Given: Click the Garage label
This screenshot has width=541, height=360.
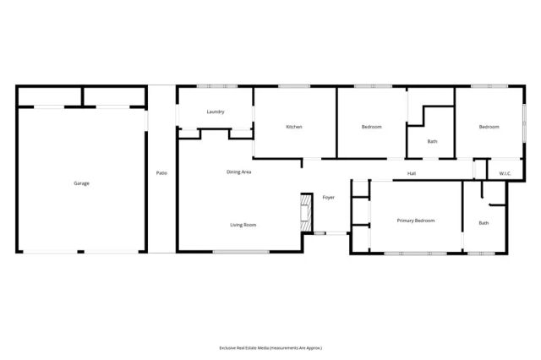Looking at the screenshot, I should click(81, 183).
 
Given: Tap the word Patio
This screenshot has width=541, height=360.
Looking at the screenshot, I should click(161, 173).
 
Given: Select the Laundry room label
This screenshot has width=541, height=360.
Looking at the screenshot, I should click(215, 112).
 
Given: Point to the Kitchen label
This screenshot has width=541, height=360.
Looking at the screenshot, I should click(294, 127).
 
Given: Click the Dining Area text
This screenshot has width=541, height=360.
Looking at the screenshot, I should click(238, 172).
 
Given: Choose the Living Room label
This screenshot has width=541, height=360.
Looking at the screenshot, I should click(243, 225).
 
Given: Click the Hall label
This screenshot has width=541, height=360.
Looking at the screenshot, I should click(412, 173).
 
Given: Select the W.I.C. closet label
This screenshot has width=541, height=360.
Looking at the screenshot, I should click(505, 173).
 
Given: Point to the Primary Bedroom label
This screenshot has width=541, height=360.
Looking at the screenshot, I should click(416, 221).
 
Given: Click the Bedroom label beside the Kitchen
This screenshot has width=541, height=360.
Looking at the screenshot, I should click(371, 127).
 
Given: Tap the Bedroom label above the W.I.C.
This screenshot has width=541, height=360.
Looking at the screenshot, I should click(489, 127).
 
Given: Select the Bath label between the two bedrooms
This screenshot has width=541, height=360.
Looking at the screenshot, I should click(432, 142).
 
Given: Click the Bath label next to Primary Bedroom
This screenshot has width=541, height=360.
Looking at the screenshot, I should click(484, 223).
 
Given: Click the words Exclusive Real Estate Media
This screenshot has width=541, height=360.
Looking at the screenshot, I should click(249, 347).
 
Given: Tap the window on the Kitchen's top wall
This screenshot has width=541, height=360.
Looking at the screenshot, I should click(293, 85).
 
